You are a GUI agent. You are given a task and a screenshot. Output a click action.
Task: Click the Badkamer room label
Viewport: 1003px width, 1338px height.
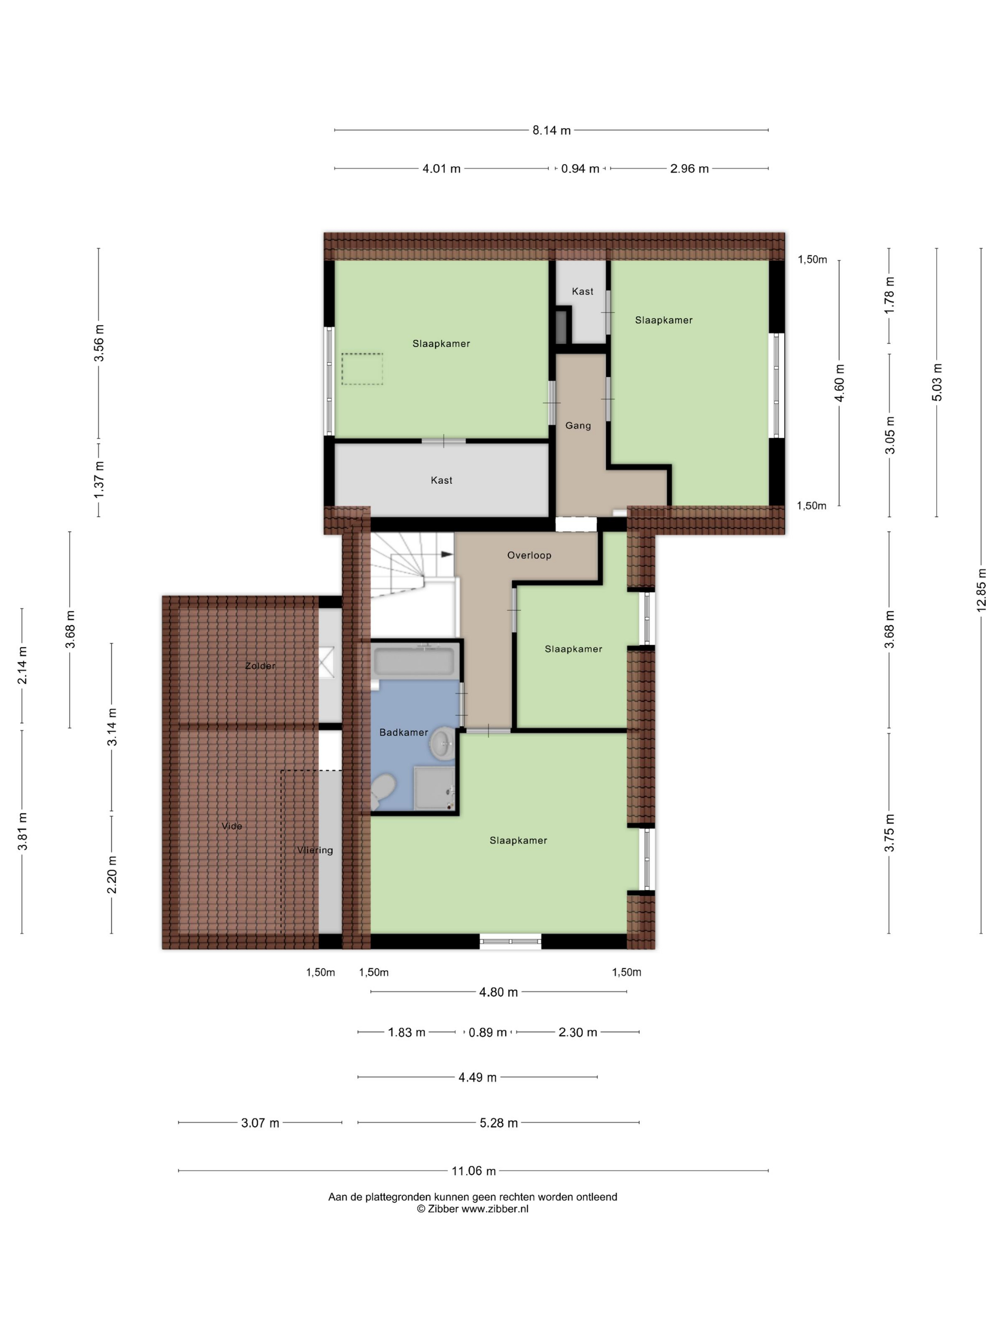pyautogui.click(x=403, y=732)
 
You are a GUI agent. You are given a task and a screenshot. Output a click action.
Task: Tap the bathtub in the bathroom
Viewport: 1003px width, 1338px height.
pyautogui.click(x=414, y=661)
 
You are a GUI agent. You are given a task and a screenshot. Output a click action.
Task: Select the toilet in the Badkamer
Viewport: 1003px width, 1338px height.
pyautogui.click(x=382, y=791)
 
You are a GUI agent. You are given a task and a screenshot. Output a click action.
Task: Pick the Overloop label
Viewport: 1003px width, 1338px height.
pyautogui.click(x=529, y=555)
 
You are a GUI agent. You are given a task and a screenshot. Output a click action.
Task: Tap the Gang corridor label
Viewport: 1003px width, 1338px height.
pyautogui.click(x=578, y=426)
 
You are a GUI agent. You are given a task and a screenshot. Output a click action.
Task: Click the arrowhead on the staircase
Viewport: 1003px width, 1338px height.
pyautogui.click(x=448, y=553)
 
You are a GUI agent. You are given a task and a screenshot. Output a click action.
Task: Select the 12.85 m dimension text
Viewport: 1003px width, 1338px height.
pyautogui.click(x=981, y=590)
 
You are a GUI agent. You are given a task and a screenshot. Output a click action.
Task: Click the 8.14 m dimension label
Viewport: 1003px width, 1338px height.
pyautogui.click(x=551, y=130)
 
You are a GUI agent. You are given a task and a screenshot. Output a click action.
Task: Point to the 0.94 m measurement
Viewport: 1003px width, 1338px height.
pyautogui.click(x=580, y=169)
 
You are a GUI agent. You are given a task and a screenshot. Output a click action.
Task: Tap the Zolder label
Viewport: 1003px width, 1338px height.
pyautogui.click(x=260, y=666)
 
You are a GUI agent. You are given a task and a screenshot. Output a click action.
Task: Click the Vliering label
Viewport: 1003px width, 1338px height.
pyautogui.click(x=315, y=851)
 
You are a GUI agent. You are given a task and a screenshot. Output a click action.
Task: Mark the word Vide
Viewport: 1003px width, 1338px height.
pyautogui.click(x=232, y=826)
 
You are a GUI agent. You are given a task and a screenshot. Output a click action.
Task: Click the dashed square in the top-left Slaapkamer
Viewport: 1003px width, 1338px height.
pyautogui.click(x=362, y=369)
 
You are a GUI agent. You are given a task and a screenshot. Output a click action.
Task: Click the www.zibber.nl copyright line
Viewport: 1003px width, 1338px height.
pyautogui.click(x=472, y=1209)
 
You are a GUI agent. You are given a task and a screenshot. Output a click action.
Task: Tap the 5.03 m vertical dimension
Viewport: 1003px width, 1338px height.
pyautogui.click(x=937, y=382)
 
